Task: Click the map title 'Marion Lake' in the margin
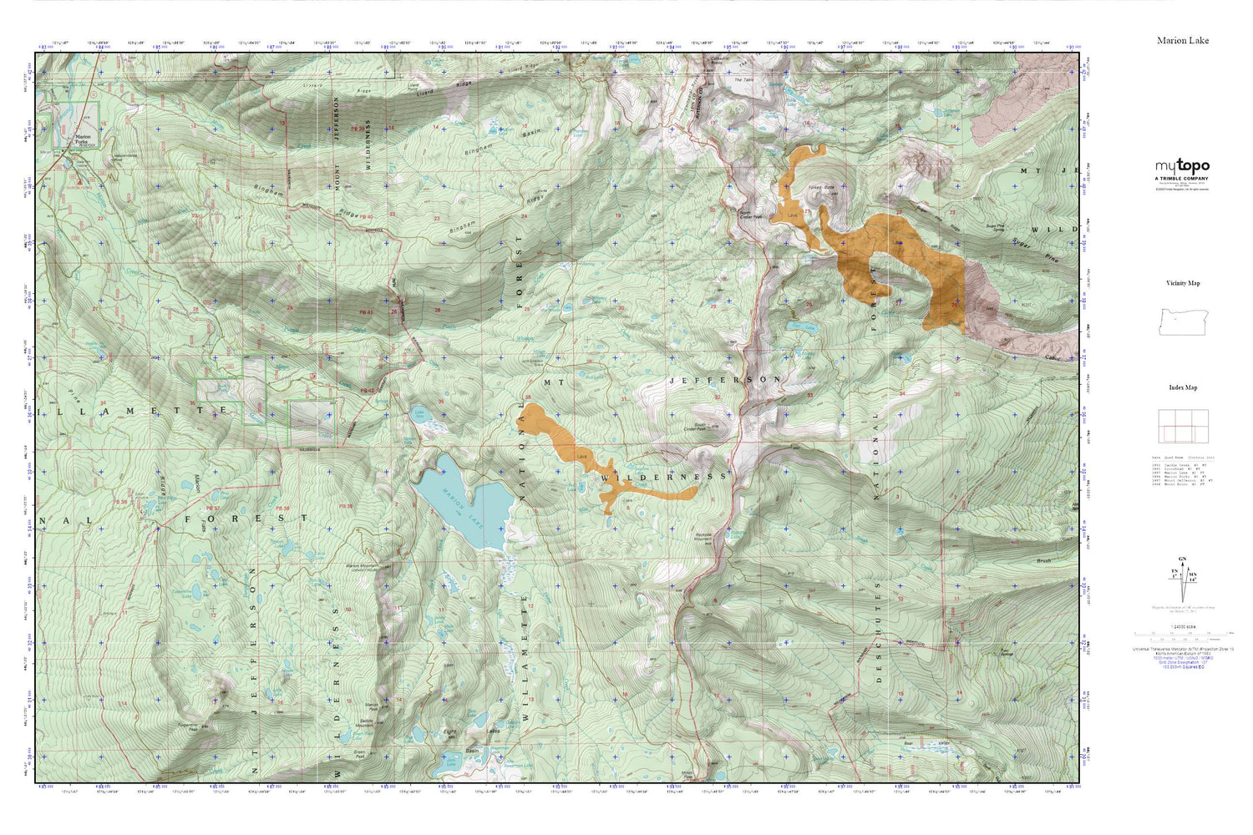(x=1182, y=40)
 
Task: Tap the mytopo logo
(x=1182, y=167)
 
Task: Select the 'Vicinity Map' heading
(x=1183, y=283)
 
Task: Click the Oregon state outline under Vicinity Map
(x=1182, y=321)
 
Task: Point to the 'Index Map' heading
(x=1183, y=387)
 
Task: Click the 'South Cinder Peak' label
(x=695, y=427)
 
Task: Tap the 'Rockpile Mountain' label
(x=707, y=539)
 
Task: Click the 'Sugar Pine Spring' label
(x=994, y=227)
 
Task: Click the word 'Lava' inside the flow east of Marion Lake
(x=583, y=456)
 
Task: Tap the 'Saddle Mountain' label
(x=365, y=722)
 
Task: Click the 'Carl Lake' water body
(x=802, y=326)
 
